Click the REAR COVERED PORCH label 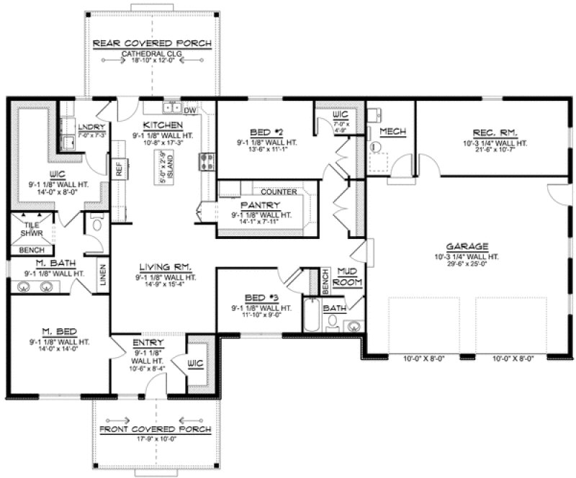pyautogui.click(x=153, y=44)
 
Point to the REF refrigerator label pyautogui.click(x=119, y=168)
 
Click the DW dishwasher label pyautogui.click(x=190, y=110)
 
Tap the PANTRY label pyautogui.click(x=261, y=205)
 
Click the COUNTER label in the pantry pyautogui.click(x=279, y=192)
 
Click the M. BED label pyautogui.click(x=49, y=332)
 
